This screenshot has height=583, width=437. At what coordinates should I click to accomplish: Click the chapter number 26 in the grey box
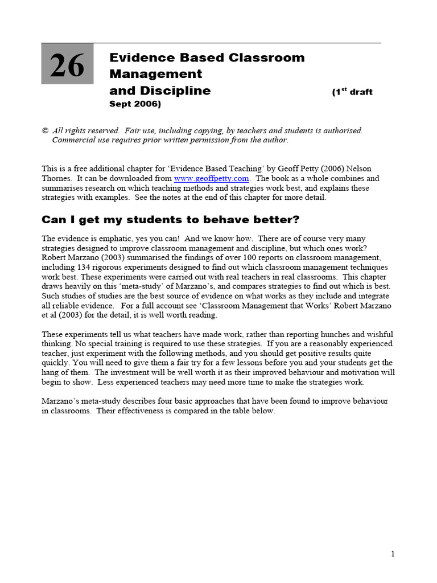click(x=67, y=66)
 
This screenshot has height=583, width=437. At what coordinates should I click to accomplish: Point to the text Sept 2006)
click(x=135, y=104)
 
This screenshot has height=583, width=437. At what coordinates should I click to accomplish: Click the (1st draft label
click(x=352, y=92)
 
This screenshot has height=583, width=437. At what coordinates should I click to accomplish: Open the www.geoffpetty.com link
click(x=211, y=178)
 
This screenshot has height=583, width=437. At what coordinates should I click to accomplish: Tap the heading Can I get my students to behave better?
click(x=171, y=220)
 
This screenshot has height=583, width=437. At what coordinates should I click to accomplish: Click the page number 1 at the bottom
click(x=393, y=554)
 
